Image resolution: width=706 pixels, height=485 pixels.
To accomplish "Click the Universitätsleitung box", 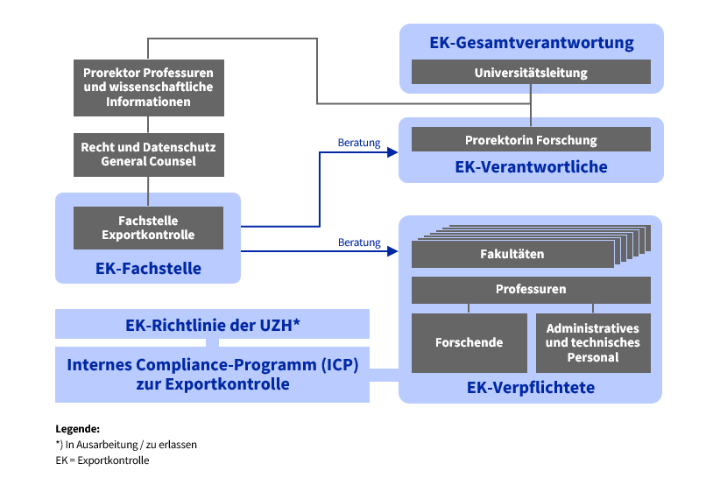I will click(x=531, y=73).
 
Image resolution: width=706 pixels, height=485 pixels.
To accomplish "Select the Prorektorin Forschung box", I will click(x=531, y=140).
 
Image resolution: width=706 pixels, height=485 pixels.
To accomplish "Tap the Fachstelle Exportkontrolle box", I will click(x=148, y=228).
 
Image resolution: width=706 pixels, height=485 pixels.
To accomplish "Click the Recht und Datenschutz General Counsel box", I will click(x=148, y=155).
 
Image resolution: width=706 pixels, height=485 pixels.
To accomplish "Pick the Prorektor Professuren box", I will click(x=148, y=87).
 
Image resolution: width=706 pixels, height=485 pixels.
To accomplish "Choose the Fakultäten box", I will click(x=512, y=255).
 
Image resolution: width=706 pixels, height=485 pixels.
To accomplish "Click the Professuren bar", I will click(x=531, y=289).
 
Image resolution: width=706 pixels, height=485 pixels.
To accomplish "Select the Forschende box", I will click(x=469, y=342).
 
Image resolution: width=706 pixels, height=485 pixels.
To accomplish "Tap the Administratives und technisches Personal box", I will click(x=593, y=342).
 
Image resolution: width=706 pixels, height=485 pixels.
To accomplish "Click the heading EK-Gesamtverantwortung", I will click(x=532, y=43).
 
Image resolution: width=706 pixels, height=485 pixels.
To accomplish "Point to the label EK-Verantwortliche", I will click(x=532, y=166).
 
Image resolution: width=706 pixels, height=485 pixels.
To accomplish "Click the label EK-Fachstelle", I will click(x=148, y=269).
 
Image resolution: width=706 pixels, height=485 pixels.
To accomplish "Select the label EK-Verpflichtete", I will click(x=532, y=387).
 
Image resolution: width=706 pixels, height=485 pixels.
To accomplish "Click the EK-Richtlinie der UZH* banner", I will click(x=212, y=325).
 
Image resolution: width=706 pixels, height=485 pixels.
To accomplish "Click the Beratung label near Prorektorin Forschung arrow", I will click(x=359, y=142).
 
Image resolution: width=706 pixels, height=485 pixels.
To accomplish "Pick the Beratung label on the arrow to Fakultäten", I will click(x=359, y=242).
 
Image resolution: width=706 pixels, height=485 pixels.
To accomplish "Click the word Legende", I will click(x=77, y=429).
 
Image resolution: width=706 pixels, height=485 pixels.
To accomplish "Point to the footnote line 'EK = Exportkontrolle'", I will click(x=102, y=460).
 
